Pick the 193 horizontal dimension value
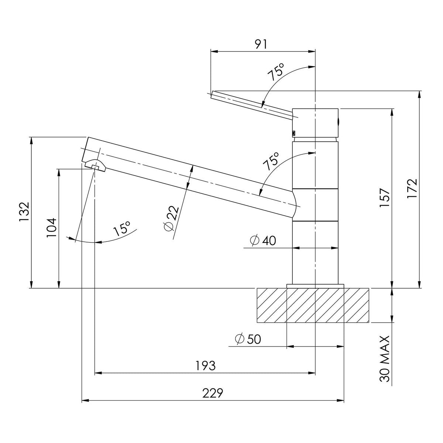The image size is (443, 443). (205, 366)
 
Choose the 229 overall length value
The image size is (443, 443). (213, 393)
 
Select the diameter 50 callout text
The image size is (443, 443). (248, 339)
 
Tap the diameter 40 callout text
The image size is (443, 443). (263, 241)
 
